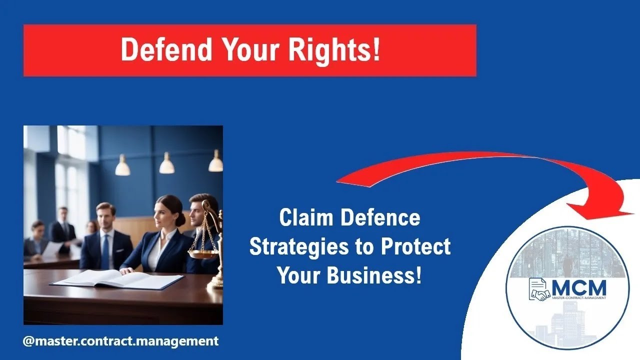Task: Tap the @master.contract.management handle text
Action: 120,341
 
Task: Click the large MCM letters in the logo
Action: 579,288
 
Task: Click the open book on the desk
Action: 117,278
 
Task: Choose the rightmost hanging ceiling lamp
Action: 215,163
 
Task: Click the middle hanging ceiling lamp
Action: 167,165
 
